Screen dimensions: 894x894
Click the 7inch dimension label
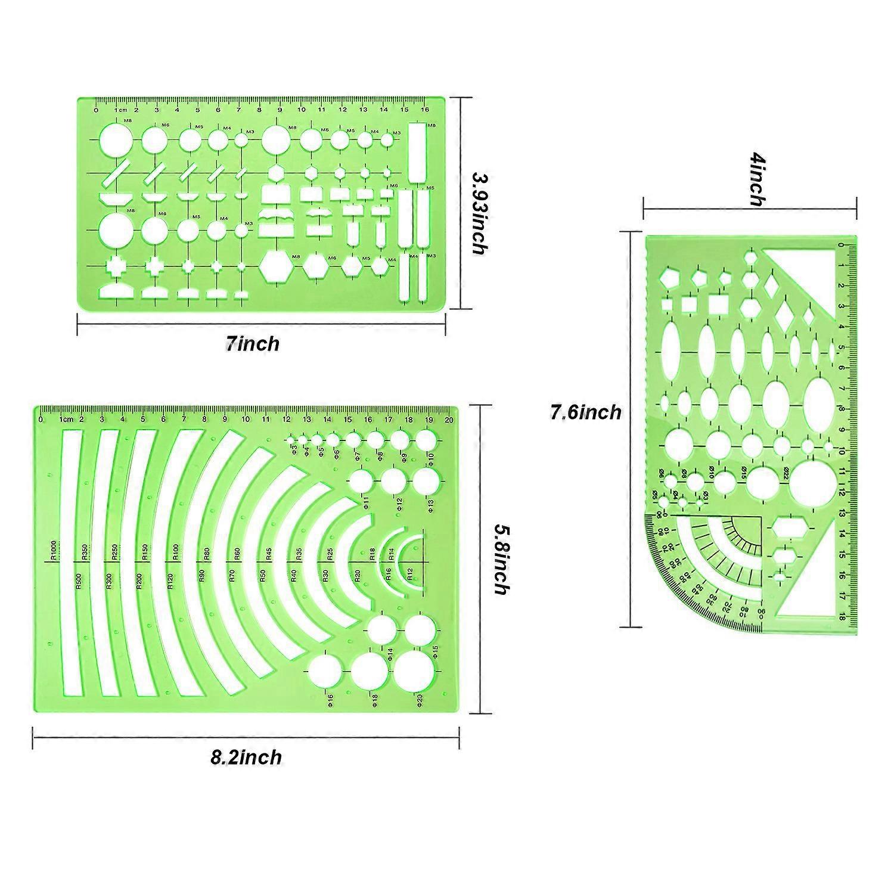(252, 343)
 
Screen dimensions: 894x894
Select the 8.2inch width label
(246, 757)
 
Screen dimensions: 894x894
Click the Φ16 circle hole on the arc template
(325, 670)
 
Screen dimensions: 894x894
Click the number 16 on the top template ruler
(424, 110)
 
